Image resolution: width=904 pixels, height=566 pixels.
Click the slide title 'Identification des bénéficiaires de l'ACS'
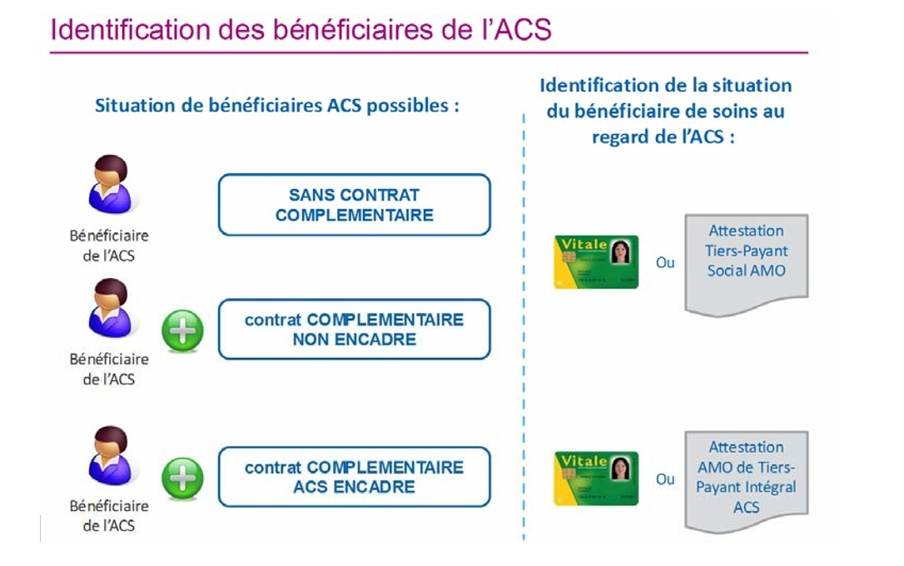pos(301,29)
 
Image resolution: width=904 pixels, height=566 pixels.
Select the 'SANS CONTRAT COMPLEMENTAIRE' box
pos(354,205)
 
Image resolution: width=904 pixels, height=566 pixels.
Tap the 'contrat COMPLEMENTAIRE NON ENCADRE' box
pos(354,329)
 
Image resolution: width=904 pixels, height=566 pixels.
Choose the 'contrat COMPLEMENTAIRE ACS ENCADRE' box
pos(354,477)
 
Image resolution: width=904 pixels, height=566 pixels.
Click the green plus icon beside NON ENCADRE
pos(183,330)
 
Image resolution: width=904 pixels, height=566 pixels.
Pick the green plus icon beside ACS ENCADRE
pos(183,479)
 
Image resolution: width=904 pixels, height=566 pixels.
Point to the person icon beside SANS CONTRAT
pos(110,184)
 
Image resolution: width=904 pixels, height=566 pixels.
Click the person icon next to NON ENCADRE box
pos(110,308)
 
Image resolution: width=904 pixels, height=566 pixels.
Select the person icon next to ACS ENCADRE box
pos(110,455)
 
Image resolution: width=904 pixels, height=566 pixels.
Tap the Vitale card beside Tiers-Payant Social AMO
pos(596,261)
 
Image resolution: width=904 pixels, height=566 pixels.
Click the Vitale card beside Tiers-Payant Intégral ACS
pos(596,479)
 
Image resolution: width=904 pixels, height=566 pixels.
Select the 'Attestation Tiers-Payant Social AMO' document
pos(746,265)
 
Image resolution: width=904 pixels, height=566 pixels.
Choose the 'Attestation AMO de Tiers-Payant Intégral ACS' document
pos(746,481)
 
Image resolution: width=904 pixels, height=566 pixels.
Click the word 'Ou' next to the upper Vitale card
pos(665,263)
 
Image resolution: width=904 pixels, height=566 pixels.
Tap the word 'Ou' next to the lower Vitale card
pos(665,479)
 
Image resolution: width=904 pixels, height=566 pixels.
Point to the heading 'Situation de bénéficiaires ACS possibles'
pos(277,106)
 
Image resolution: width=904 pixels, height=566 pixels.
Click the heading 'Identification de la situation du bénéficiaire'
pos(665,112)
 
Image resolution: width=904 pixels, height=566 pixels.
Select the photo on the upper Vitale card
pos(620,252)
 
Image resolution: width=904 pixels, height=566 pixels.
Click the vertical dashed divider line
pos(524,327)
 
